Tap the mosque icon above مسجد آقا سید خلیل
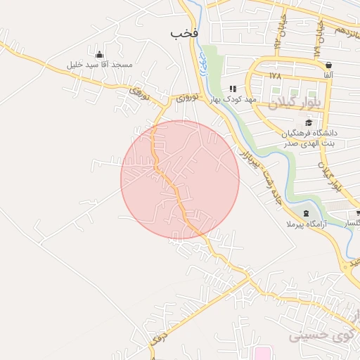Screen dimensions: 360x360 tap(99, 54)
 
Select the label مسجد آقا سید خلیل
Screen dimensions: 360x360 tap(99, 65)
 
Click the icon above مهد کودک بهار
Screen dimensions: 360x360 tap(232, 89)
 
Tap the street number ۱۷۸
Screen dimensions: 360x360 tap(274, 75)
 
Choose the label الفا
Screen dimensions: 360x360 tap(328, 75)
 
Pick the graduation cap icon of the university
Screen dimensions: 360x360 tap(309, 122)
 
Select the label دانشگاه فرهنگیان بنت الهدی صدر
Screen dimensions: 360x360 tap(309, 138)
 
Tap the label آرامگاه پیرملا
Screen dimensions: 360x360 tap(305, 224)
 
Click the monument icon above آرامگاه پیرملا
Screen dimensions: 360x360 tap(305, 213)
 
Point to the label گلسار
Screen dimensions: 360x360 tap(352, 223)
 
